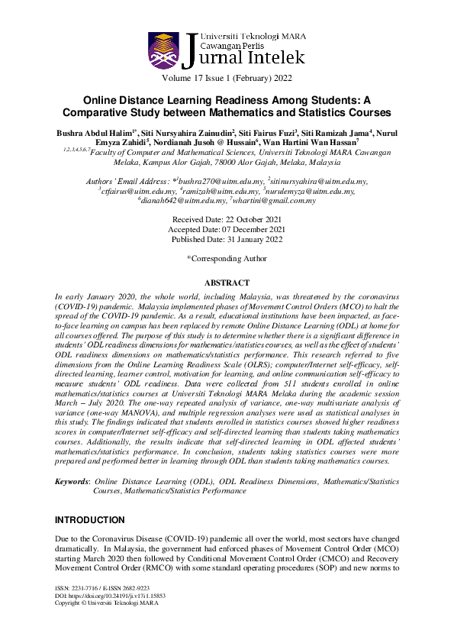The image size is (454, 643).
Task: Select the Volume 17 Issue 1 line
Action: (x=227, y=79)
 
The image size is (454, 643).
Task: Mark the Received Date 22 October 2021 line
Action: (x=227, y=219)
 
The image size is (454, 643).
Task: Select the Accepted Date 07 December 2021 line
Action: (x=227, y=229)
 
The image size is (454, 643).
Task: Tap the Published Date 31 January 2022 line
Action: (x=227, y=239)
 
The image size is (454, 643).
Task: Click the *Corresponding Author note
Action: (x=227, y=258)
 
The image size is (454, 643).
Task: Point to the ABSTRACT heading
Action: (x=227, y=283)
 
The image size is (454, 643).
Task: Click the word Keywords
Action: (x=72, y=482)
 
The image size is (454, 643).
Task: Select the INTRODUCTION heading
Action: (x=89, y=520)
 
